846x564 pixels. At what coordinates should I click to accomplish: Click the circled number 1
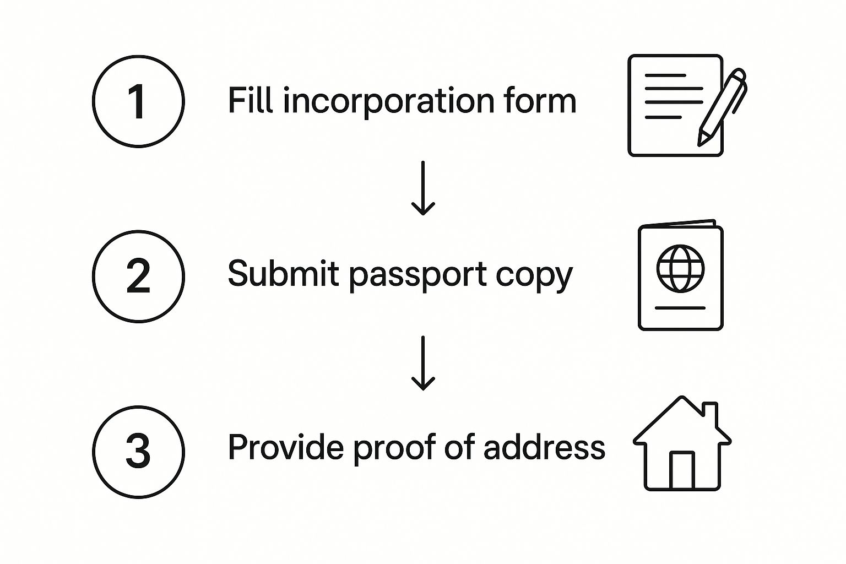click(138, 101)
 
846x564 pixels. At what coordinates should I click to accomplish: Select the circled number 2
click(138, 276)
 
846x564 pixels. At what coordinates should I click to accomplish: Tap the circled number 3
click(138, 452)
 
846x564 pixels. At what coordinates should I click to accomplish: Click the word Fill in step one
click(251, 100)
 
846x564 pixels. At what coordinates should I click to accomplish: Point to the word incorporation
click(389, 101)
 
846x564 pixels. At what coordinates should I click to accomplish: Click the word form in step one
click(540, 100)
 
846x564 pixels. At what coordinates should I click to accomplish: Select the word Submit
click(283, 273)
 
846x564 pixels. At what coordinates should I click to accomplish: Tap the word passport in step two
click(417, 276)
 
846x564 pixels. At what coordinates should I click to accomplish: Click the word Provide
click(286, 447)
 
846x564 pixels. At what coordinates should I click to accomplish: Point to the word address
click(544, 447)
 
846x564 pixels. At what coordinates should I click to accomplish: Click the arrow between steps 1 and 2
click(423, 188)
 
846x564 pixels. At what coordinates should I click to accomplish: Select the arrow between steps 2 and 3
click(423, 363)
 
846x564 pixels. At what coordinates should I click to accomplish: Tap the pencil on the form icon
click(722, 107)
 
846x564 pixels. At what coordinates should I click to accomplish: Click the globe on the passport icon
click(681, 269)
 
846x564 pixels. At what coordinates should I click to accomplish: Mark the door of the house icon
click(682, 470)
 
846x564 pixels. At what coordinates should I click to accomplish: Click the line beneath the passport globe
click(680, 308)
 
